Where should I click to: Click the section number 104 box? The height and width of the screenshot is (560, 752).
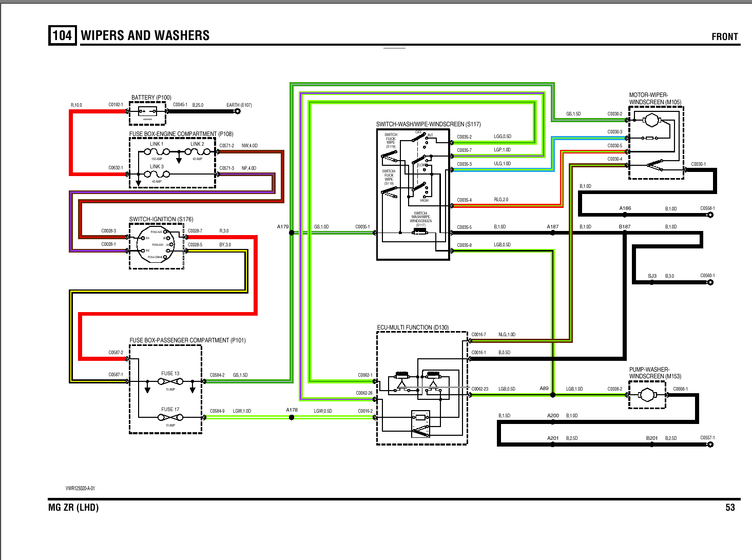(x=62, y=35)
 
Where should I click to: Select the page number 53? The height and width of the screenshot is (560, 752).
(x=730, y=508)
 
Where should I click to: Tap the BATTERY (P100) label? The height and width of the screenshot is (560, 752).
(x=151, y=98)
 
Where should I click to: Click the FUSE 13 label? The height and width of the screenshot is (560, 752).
(x=170, y=374)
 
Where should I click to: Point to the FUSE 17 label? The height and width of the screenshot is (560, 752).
(x=170, y=410)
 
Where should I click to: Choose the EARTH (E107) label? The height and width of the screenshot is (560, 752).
(x=239, y=105)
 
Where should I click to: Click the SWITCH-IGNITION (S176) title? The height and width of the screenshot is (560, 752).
(x=161, y=219)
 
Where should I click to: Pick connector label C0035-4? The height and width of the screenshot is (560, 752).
(x=464, y=200)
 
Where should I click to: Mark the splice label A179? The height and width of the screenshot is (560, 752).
(x=283, y=227)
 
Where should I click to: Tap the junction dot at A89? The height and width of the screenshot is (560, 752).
(x=553, y=395)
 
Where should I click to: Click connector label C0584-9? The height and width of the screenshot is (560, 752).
(x=217, y=411)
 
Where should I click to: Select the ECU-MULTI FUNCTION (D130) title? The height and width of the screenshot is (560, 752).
(x=413, y=327)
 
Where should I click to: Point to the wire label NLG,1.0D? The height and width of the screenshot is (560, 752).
(x=507, y=335)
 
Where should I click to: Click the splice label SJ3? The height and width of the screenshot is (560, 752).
(x=652, y=276)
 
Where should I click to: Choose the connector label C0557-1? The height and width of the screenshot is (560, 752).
(x=707, y=438)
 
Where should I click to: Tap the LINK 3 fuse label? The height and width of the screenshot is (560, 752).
(x=157, y=167)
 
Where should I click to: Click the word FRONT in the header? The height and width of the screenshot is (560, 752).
(x=724, y=36)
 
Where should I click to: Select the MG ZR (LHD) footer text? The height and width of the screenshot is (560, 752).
(x=73, y=508)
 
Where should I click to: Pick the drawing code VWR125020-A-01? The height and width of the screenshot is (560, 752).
(x=80, y=488)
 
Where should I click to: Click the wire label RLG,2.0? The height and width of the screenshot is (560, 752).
(x=501, y=200)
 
